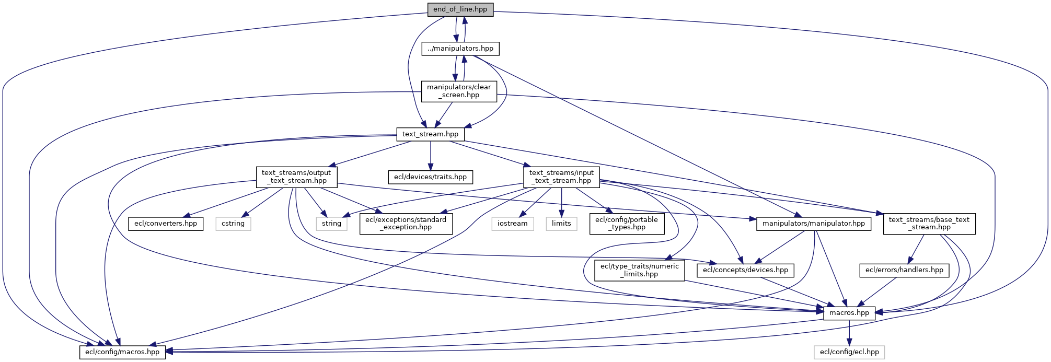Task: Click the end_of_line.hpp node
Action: pos(460,9)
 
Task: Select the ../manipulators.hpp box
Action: pos(460,49)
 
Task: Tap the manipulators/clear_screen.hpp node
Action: pos(459,91)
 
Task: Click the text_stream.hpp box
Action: pos(430,134)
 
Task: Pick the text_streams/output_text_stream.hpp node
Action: pos(296,177)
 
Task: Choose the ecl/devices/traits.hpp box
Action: pos(430,177)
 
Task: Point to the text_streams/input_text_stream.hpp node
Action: pos(561,177)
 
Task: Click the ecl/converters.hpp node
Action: pos(166,224)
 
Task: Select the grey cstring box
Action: pos(233,224)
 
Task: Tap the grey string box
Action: pos(331,224)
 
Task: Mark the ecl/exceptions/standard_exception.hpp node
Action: pos(406,224)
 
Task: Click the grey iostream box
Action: pos(512,224)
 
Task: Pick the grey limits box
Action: pos(561,224)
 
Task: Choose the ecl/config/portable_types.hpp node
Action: pos(627,224)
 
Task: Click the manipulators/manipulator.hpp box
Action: pos(813,224)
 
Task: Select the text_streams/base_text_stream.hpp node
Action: pos(929,224)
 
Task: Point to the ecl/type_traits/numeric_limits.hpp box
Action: pos(639,270)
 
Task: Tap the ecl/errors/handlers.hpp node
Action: pos(904,270)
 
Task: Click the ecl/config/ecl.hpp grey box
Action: pos(849,352)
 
